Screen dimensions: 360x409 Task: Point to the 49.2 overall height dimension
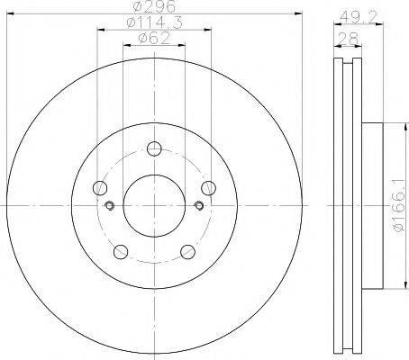pos(350,14)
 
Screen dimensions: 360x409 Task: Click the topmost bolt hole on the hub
pos(154,149)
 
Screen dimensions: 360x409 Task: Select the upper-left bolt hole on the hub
pos(101,186)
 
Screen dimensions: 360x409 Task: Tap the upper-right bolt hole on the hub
pos(207,186)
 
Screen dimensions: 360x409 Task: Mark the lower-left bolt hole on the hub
pos(121,250)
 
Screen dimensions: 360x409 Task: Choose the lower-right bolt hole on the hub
pos(187,250)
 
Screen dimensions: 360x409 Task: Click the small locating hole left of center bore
pos(110,206)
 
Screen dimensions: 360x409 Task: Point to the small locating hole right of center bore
pos(198,206)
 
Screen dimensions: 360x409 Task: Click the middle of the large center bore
pos(154,206)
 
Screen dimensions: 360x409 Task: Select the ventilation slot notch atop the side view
pos(346,66)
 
